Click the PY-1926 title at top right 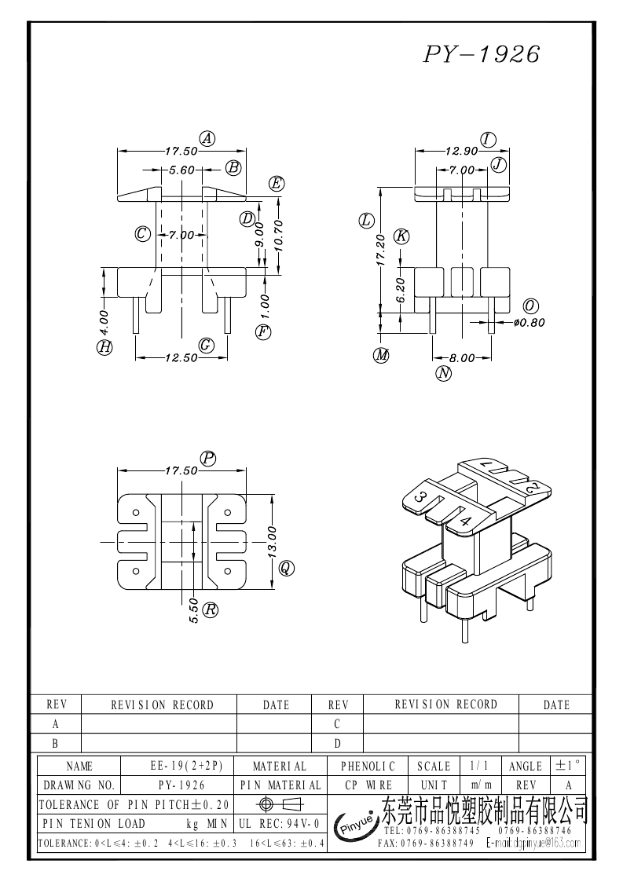(x=481, y=54)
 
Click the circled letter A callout (x=207, y=138)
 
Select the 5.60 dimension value (x=181, y=170)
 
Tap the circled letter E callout (x=277, y=183)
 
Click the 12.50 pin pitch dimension (x=181, y=358)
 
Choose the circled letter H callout (x=104, y=348)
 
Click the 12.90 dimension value (x=461, y=151)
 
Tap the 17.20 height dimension (x=380, y=250)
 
